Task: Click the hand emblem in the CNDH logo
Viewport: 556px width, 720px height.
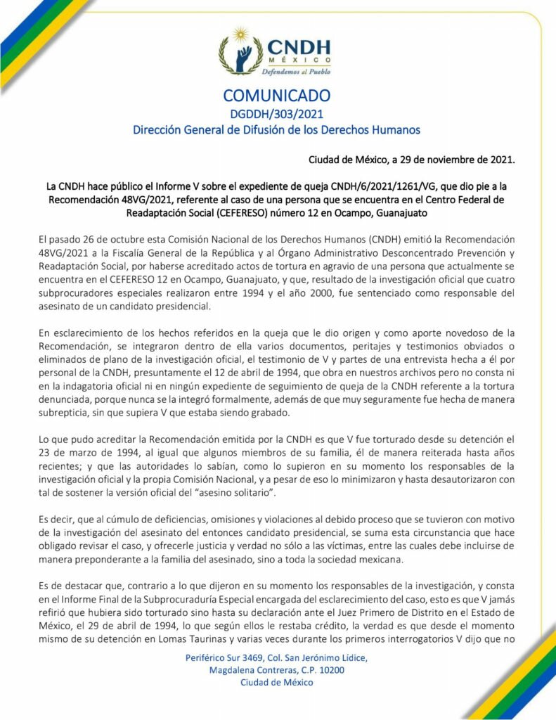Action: point(243,51)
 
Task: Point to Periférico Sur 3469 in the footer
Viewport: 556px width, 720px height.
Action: point(221,657)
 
